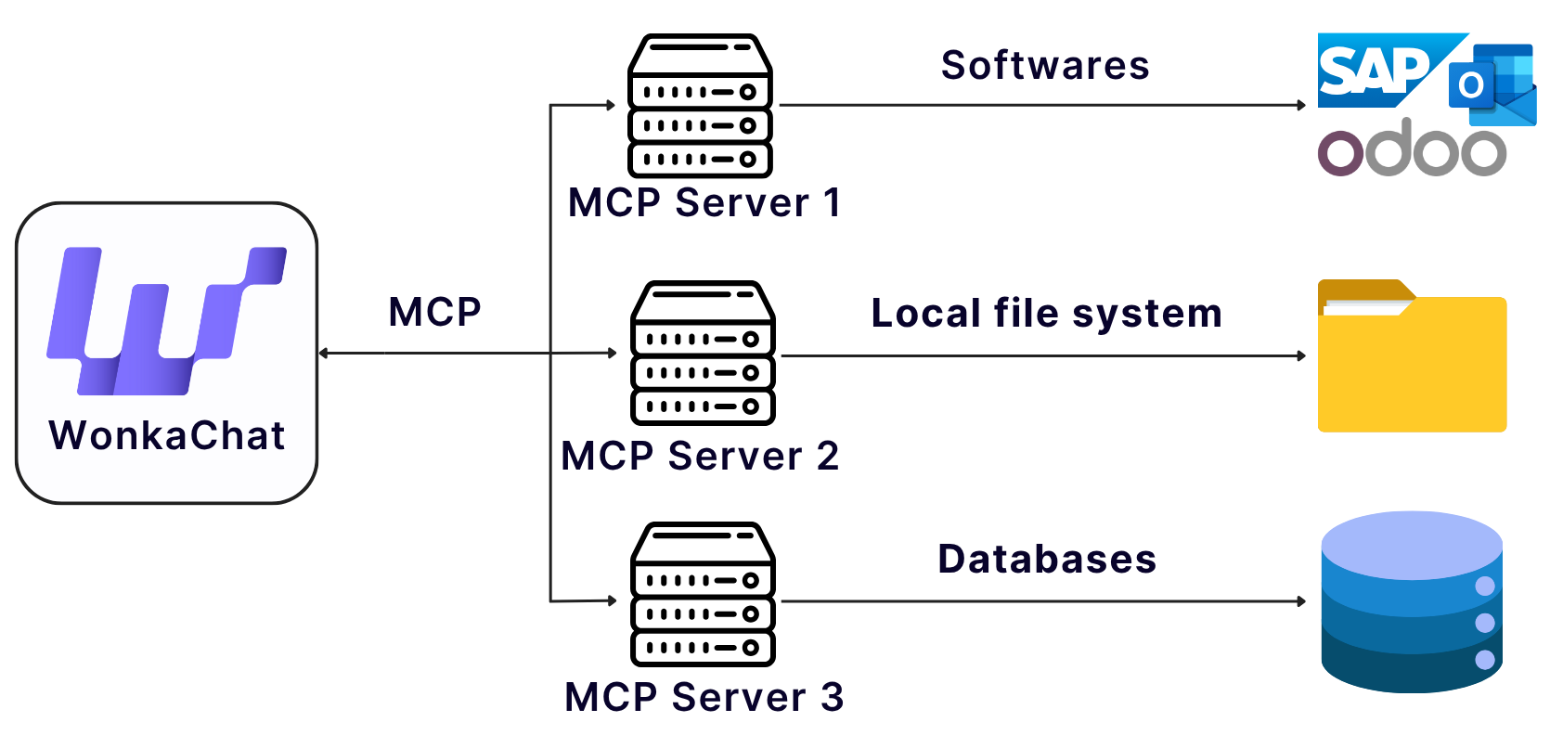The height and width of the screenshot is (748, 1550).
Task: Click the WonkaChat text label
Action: pos(167,435)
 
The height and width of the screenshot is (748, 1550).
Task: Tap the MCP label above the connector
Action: pos(434,312)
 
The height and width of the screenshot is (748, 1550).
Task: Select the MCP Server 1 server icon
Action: pos(701,106)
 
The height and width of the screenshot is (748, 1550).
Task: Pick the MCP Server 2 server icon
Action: pos(703,353)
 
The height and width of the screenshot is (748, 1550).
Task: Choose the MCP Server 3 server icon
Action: pos(703,594)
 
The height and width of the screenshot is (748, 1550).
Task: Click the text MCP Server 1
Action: pos(704,202)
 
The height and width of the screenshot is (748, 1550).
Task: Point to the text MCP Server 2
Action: pos(700,456)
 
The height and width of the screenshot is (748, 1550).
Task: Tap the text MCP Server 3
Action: pos(704,697)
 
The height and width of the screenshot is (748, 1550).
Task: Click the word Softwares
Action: pos(1045,66)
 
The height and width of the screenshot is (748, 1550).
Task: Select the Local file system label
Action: pos(1046,314)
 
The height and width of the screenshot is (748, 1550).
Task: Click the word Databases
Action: pos(1047,560)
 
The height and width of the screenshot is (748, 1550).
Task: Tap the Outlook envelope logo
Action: pos(1492,85)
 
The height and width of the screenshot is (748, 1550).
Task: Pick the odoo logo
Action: pos(1412,149)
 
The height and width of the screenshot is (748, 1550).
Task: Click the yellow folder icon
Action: pos(1412,358)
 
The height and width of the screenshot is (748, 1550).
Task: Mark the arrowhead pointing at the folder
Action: pos(1302,355)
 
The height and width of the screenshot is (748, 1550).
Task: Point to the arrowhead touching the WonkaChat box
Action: pos(324,353)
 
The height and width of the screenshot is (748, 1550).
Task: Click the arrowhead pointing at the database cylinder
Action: pos(1302,601)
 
